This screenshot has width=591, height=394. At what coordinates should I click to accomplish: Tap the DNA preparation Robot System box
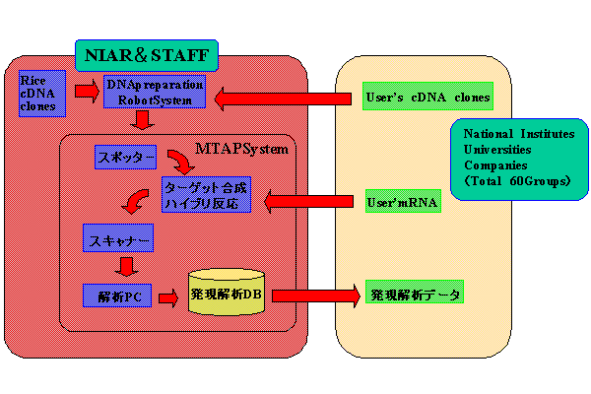pyautogui.click(x=155, y=92)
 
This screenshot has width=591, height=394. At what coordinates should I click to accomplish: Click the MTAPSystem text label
pyautogui.click(x=240, y=149)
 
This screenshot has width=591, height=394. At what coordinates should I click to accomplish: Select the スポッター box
pyautogui.click(x=125, y=157)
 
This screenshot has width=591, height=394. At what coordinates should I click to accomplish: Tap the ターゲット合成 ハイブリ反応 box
pyautogui.click(x=206, y=195)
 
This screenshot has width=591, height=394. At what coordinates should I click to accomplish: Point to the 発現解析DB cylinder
pyautogui.click(x=228, y=294)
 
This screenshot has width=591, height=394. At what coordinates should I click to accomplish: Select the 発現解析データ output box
pyautogui.click(x=413, y=294)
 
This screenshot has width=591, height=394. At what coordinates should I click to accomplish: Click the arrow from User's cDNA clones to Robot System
pyautogui.click(x=285, y=98)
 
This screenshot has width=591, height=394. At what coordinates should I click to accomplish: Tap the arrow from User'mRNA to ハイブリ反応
pyautogui.click(x=310, y=201)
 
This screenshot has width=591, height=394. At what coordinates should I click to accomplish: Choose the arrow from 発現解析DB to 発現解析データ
pyautogui.click(x=316, y=294)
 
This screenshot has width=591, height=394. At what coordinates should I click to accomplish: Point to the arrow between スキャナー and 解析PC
pyautogui.click(x=125, y=266)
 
